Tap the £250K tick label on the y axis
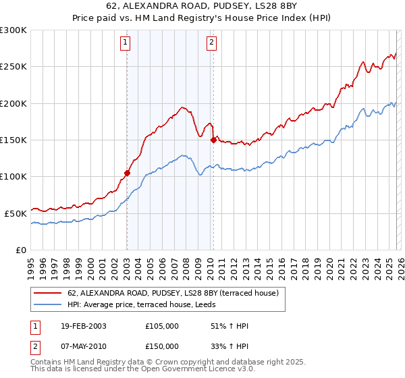tap(13, 67)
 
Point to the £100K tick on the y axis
tap(13, 176)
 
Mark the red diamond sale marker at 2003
tap(127, 173)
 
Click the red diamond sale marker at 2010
tap(213, 140)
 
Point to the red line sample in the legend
tap(47, 292)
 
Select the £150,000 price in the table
tap(162, 346)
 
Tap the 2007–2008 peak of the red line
tap(182, 107)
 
